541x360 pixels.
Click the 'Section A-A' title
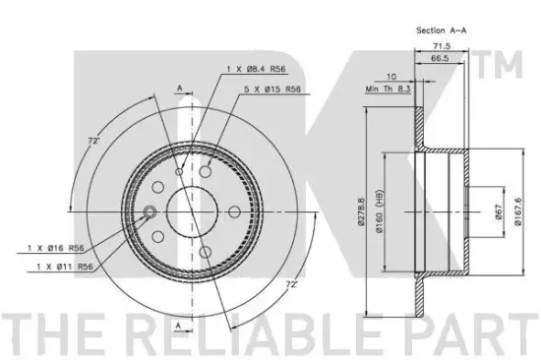441,30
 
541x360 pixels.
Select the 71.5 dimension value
442,45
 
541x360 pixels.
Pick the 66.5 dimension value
440,58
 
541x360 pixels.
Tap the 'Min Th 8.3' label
388,89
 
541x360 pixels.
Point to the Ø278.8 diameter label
361,211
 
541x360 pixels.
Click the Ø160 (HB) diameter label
379,211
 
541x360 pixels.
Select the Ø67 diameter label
499,211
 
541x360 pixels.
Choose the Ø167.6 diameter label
517,211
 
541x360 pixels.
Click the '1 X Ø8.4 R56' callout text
256,69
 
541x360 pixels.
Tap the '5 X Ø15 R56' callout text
272,90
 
